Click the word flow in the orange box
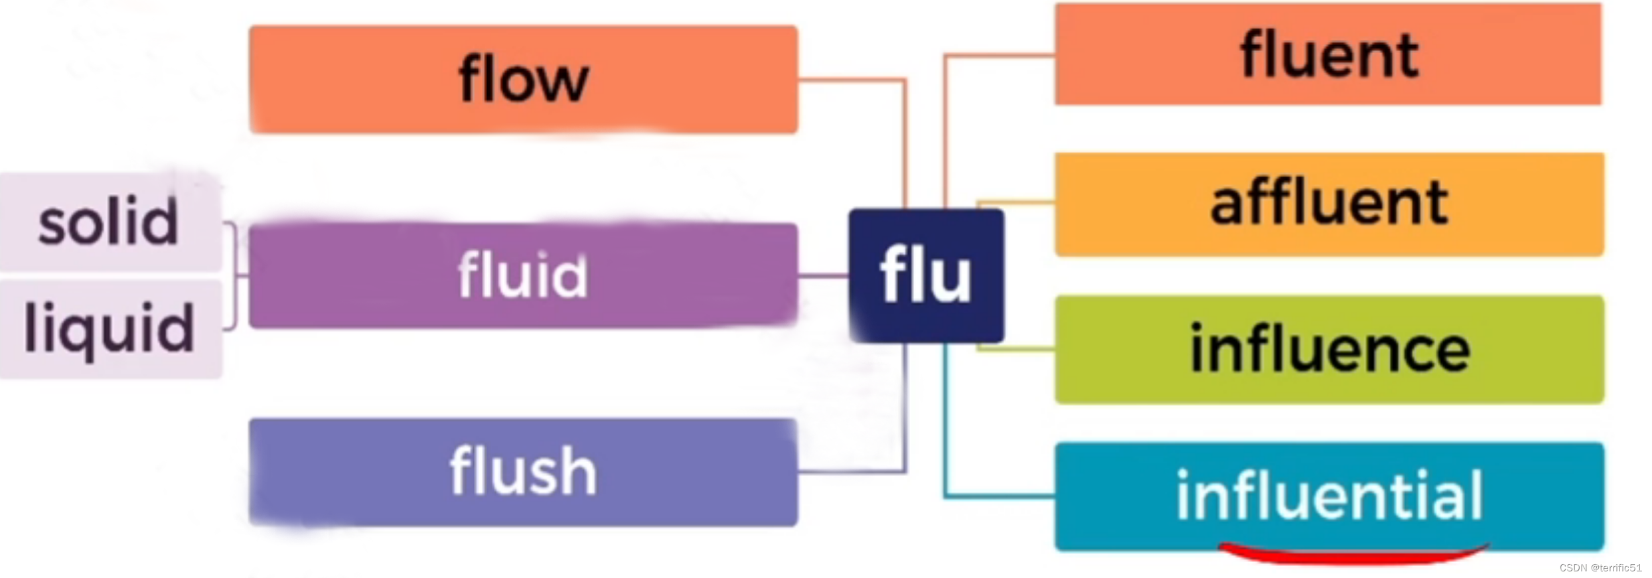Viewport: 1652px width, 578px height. [523, 80]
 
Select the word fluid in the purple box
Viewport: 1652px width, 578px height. [523, 275]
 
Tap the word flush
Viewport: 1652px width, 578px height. [523, 471]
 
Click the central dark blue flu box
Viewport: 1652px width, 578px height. [926, 275]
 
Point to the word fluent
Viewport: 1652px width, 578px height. [1329, 55]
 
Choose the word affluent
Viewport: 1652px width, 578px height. [1329, 204]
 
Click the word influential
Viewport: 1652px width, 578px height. [1329, 495]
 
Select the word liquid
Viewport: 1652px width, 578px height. [110, 328]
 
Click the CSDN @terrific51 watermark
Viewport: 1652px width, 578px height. [1600, 568]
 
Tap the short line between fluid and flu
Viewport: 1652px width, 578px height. [823, 275]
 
